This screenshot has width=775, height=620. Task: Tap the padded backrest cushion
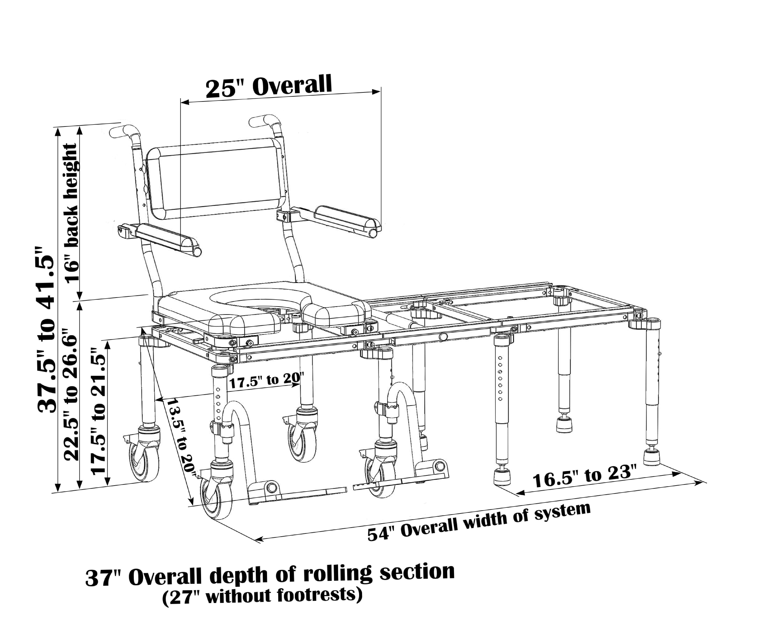click(217, 178)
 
